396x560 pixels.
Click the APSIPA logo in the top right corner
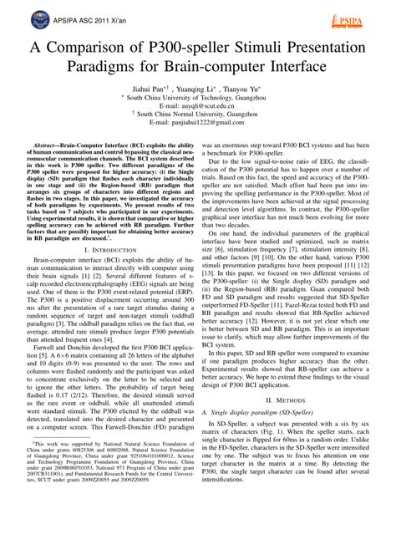[x=360, y=16]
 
